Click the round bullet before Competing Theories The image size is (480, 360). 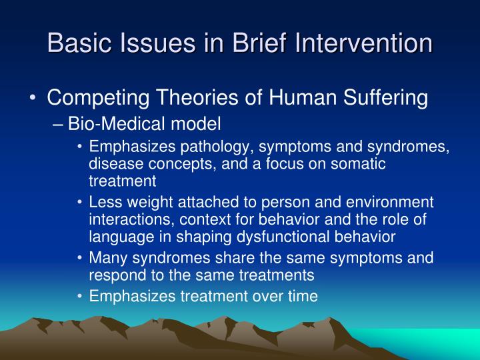[33, 99]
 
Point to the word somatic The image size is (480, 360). [359, 163]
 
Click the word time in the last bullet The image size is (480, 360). [304, 297]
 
